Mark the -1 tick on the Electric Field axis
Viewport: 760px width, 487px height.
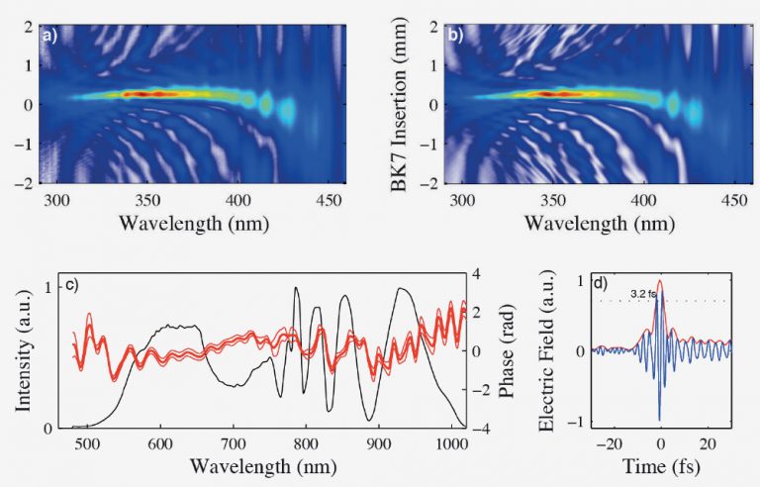[x=577, y=423]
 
